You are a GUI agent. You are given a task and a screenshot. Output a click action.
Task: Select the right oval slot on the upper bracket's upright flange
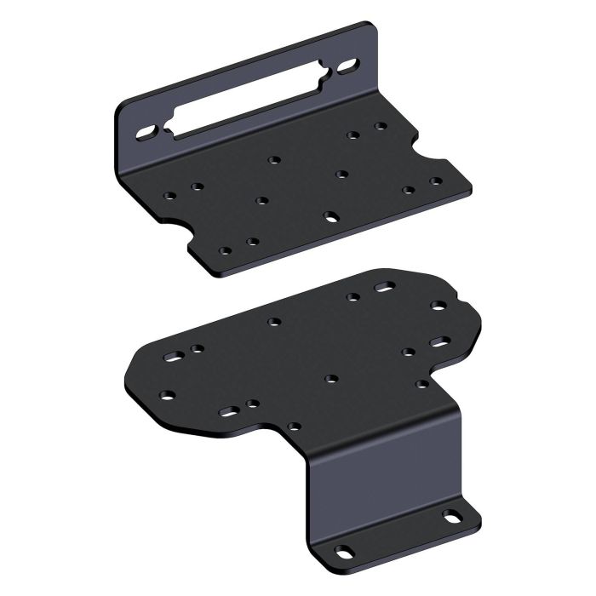pos(350,65)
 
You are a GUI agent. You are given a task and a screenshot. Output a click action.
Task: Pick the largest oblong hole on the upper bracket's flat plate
pos(330,215)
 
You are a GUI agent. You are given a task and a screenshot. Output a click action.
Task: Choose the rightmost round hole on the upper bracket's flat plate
pos(436,181)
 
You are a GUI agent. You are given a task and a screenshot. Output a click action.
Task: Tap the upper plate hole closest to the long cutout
pos(273,159)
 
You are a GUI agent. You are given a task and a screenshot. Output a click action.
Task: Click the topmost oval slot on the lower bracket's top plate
pos(383,287)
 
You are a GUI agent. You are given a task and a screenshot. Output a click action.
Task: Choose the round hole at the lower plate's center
pos(330,377)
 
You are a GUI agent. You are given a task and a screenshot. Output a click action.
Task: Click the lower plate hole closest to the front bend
pos(294,425)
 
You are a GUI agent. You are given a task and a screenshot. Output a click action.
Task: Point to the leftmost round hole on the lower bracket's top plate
pos(167,394)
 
